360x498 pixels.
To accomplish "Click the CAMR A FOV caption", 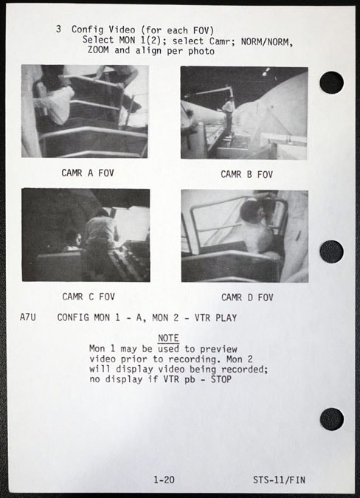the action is (x=88, y=173).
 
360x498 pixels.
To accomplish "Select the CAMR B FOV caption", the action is (x=246, y=174).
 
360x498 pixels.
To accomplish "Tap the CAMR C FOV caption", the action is (x=89, y=297).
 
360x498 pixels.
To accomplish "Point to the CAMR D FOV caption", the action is (x=247, y=297).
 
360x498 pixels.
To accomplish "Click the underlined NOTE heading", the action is (x=168, y=338).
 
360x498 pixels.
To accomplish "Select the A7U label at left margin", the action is (x=28, y=317).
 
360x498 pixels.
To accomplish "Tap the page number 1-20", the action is (x=164, y=480).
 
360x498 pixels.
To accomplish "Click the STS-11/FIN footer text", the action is (x=279, y=480).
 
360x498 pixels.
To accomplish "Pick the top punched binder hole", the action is (x=332, y=83).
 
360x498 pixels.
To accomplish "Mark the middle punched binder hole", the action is (x=332, y=252).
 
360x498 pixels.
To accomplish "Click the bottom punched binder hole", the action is (x=332, y=419).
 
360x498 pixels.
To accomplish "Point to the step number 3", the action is (x=58, y=29).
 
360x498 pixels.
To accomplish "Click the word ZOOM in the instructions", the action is (x=98, y=50).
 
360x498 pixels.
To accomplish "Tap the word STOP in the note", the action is (x=221, y=379).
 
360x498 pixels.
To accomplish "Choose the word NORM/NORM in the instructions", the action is (x=266, y=42).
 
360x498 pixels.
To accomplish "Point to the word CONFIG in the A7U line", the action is (x=73, y=317).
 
